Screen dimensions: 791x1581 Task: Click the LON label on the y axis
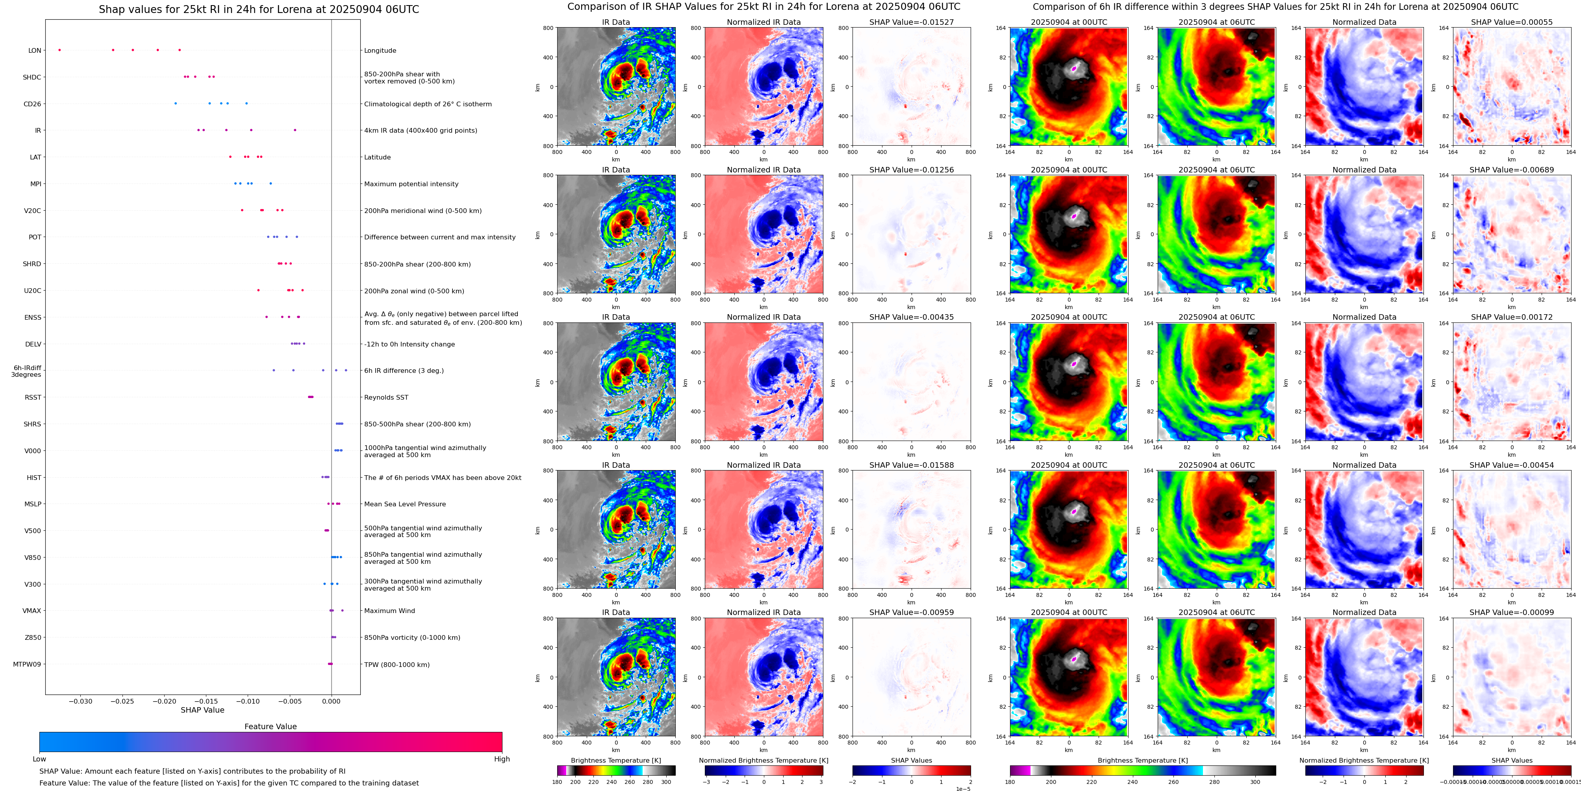point(35,51)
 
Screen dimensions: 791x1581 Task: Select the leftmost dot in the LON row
point(59,50)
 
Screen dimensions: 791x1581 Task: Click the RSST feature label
point(33,398)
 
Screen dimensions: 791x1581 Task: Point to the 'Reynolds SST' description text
point(386,398)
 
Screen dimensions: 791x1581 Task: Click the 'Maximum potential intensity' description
point(411,184)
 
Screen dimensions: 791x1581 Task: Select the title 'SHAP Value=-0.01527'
point(912,22)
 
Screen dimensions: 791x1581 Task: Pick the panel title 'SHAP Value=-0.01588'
point(912,465)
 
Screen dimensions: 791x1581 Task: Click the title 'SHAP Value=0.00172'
point(1512,317)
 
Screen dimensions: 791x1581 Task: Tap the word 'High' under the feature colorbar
point(502,759)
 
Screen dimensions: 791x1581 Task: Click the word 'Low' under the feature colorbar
point(39,759)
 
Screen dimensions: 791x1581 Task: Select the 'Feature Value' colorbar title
point(271,726)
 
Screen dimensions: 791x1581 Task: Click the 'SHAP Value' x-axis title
point(202,710)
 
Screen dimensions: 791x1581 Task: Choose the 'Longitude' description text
point(380,51)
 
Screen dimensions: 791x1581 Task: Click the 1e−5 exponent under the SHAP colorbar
point(963,789)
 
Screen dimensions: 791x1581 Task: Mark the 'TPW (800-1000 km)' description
point(397,665)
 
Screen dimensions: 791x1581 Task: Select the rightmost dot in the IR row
point(295,130)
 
